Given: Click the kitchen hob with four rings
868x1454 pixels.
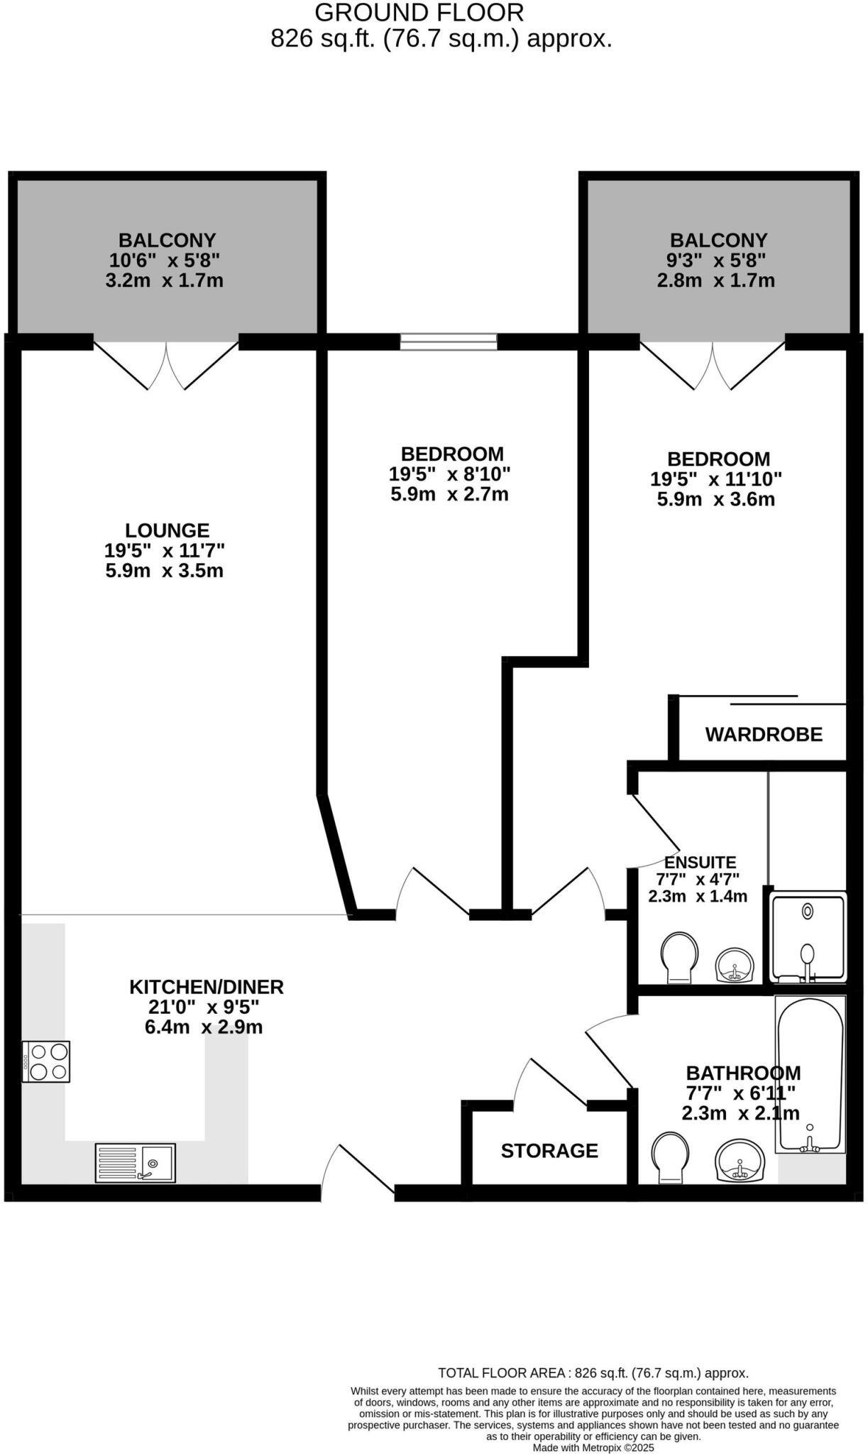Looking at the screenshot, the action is pyautogui.click(x=46, y=1061).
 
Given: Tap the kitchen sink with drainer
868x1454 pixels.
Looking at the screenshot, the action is pyautogui.click(x=136, y=1163).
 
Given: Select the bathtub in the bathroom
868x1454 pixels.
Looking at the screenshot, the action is pyautogui.click(x=811, y=1074).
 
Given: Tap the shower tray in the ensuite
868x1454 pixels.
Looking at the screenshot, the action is pyautogui.click(x=808, y=938).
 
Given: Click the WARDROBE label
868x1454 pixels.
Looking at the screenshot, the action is pyautogui.click(x=764, y=734).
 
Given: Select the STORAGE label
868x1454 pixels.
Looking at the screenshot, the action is pyautogui.click(x=549, y=1150).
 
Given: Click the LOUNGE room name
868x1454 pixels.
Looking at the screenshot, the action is pyautogui.click(x=167, y=530).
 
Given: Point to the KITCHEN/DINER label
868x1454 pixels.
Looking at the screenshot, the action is pyautogui.click(x=207, y=986).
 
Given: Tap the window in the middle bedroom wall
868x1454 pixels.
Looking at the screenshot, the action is pyautogui.click(x=449, y=341).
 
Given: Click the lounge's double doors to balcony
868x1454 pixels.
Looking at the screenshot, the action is pyautogui.click(x=166, y=365).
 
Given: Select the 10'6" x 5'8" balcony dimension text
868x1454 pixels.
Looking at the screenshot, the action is pyautogui.click(x=164, y=260).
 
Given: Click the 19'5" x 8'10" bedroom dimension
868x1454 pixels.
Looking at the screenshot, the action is pyautogui.click(x=449, y=474).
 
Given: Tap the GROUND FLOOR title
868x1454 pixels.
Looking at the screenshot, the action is pyautogui.click(x=419, y=13).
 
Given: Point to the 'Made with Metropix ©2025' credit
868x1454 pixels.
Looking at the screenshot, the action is pyautogui.click(x=593, y=1447).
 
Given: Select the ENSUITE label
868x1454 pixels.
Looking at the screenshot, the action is pyautogui.click(x=701, y=863).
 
